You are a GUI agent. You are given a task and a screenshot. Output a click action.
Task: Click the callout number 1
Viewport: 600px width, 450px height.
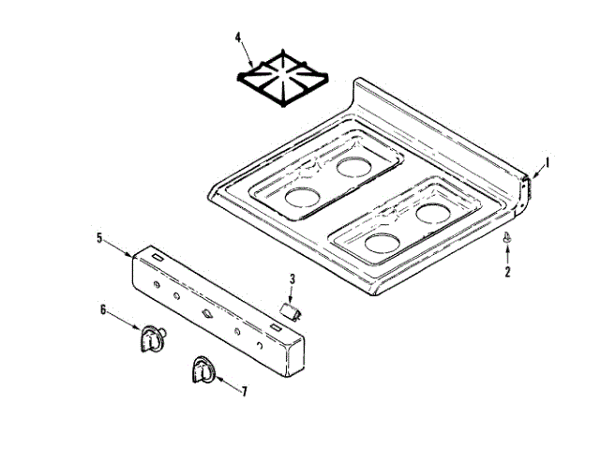pos(547,161)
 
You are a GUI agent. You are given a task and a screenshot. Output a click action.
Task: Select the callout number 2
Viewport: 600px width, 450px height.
pos(507,273)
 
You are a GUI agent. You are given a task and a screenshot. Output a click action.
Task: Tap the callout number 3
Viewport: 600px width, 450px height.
pos(292,278)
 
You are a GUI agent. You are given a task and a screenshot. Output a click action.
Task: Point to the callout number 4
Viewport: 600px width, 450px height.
pos(238,38)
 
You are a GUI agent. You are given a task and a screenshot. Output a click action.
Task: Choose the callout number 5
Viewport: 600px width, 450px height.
pos(99,238)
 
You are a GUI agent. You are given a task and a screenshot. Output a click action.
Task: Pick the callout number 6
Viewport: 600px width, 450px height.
pos(104,308)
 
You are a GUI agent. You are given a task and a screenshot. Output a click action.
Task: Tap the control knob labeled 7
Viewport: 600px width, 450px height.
pos(200,370)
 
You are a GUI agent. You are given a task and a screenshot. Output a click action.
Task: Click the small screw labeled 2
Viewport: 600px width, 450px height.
pos(507,239)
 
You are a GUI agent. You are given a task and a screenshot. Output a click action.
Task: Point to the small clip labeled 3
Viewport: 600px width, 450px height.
pos(290,309)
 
